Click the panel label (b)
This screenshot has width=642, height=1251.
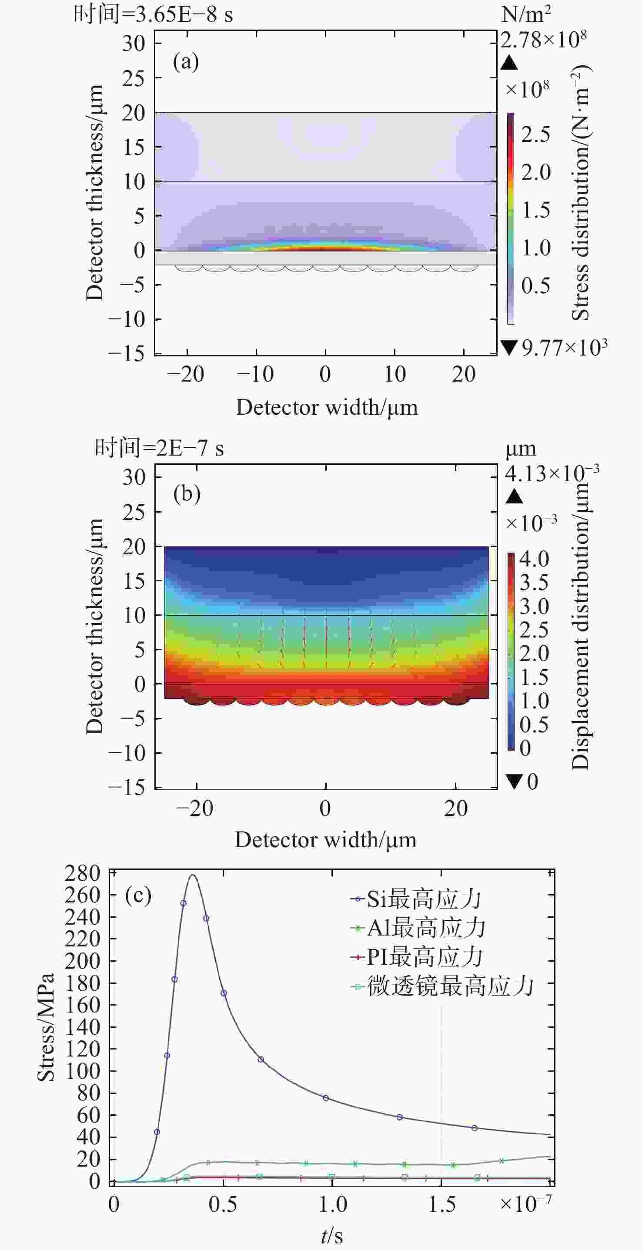point(187,494)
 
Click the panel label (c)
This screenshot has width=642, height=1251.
point(138,895)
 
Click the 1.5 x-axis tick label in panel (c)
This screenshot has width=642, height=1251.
point(441,1205)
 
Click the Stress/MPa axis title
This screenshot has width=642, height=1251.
point(46,1027)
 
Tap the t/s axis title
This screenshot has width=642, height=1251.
point(332,1236)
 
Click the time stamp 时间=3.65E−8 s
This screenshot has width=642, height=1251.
point(154,14)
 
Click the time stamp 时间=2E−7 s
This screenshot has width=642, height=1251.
point(159,448)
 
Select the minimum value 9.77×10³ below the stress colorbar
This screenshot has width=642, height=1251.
point(564,348)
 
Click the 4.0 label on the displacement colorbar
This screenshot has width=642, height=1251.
point(534,560)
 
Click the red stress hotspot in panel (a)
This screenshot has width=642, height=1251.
point(325,248)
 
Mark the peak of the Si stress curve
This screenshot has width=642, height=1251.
point(193,875)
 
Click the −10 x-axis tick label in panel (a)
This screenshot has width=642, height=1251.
point(255,374)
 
